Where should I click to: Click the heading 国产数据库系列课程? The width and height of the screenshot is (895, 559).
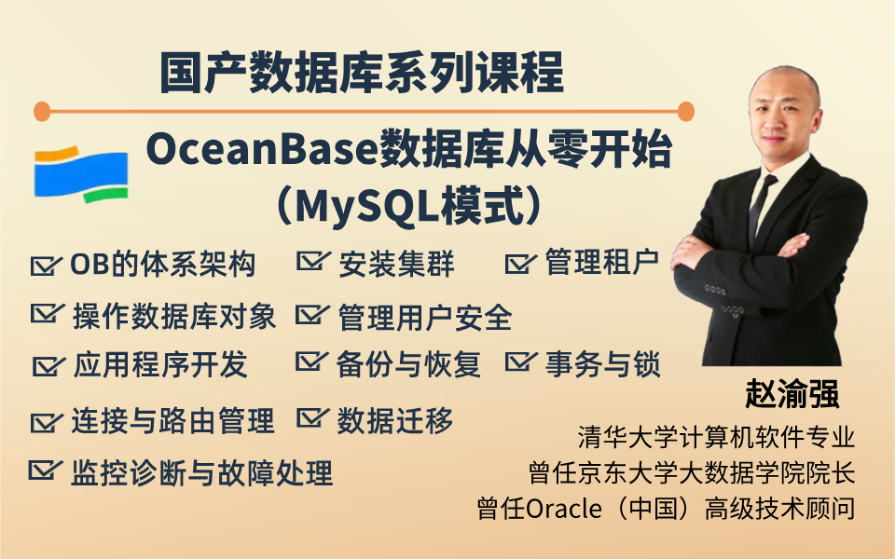pos(362,73)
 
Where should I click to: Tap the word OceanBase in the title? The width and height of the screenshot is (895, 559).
pos(261,150)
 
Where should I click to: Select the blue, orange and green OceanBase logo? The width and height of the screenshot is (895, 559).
pos(81,174)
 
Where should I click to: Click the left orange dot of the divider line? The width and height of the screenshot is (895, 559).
pos(42,111)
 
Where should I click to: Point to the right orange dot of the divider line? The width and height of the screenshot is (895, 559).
pos(685,111)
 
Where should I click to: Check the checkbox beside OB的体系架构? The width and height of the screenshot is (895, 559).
pos(46,265)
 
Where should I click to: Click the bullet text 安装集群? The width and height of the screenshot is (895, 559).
pos(396,264)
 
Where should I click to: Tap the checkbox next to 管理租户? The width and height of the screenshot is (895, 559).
pos(520,263)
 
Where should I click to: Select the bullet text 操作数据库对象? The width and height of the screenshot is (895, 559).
pos(174,317)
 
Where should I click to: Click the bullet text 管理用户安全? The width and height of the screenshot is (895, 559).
pos(425,318)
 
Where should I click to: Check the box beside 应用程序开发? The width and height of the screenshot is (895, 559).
pos(48,365)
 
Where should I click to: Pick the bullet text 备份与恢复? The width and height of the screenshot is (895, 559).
pos(408,364)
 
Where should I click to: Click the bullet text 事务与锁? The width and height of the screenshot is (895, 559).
pos(603,364)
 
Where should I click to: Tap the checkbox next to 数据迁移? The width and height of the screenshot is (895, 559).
pos(313,418)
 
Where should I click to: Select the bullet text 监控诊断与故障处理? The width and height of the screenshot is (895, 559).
pos(201,473)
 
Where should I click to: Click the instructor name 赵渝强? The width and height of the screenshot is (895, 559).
pos(792,393)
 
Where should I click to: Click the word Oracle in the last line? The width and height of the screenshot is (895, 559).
pos(563,509)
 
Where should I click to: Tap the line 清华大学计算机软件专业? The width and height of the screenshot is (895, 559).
pos(716,437)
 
